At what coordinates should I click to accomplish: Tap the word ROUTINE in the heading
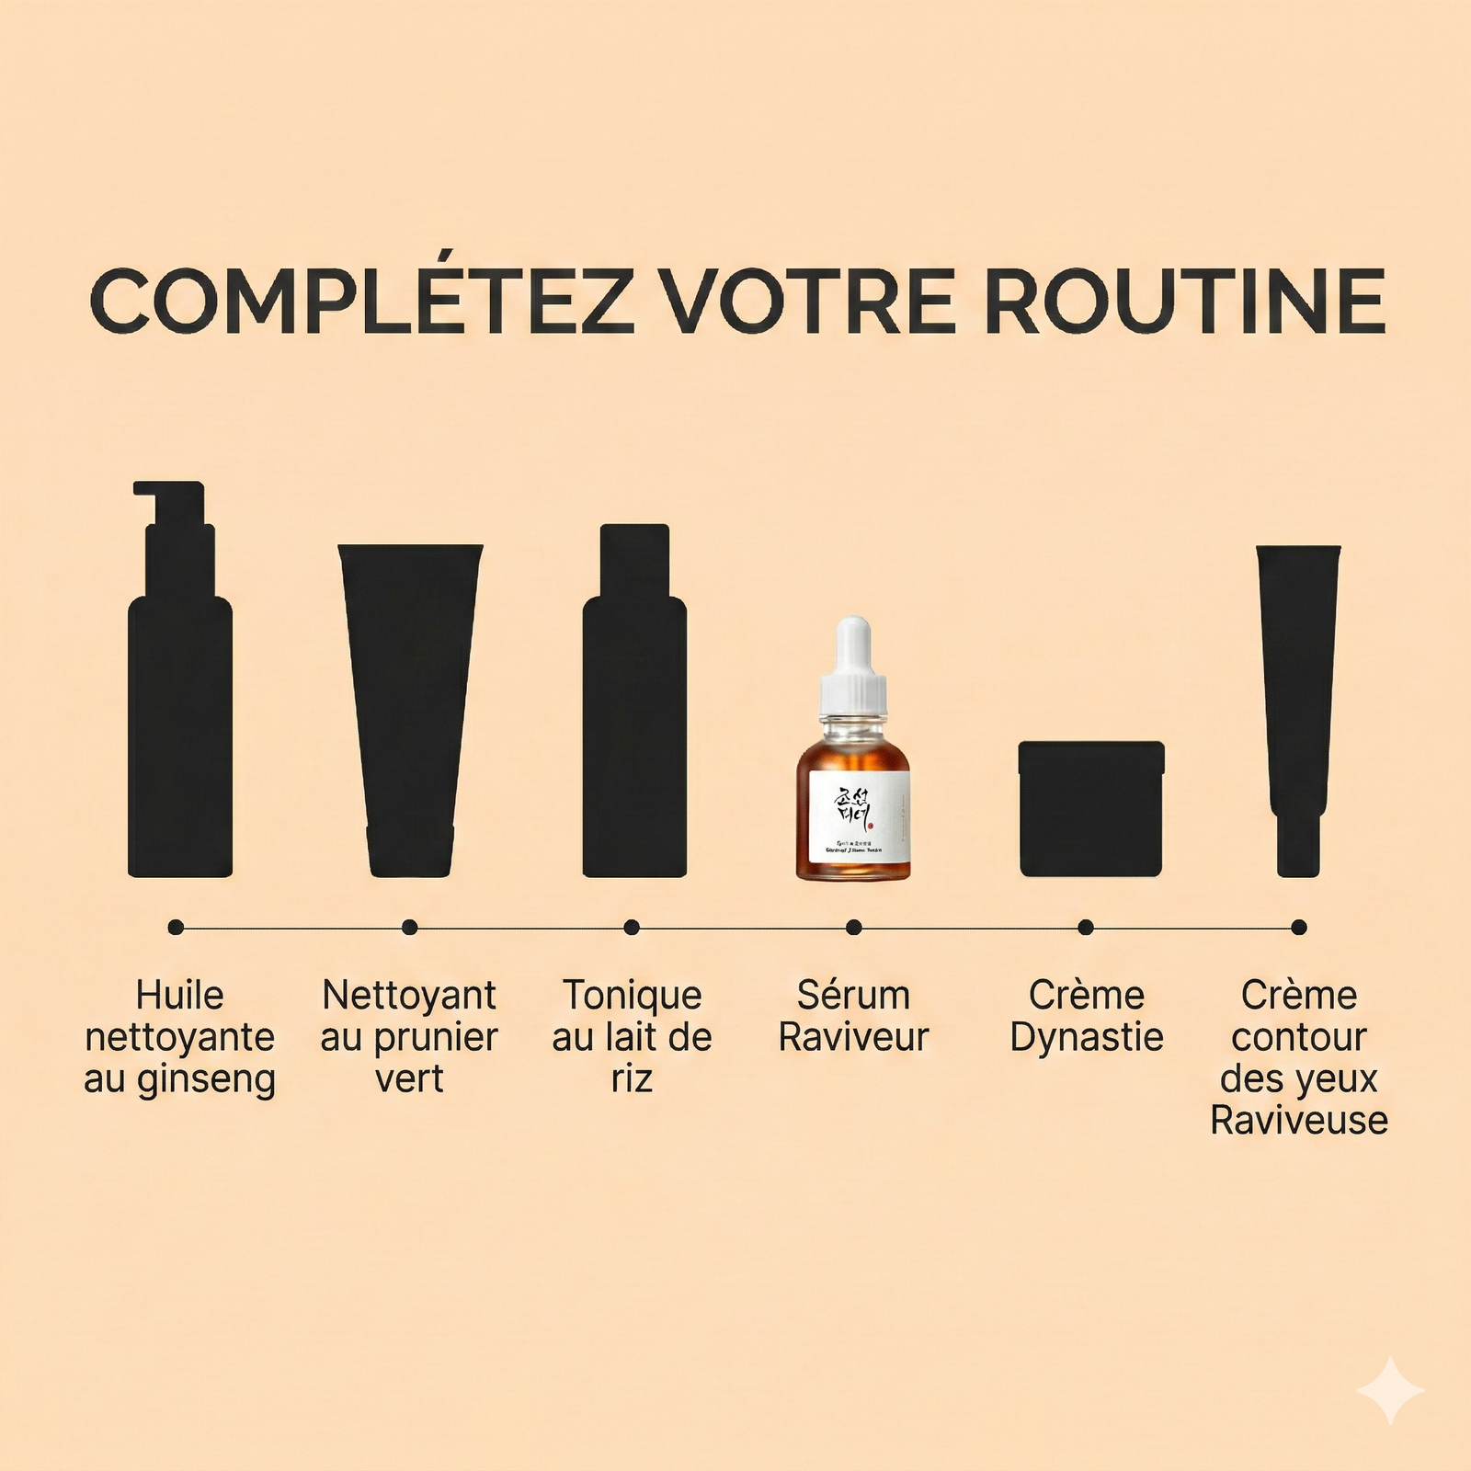pyautogui.click(x=1185, y=301)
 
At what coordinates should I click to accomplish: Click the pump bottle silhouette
pyautogui.click(x=180, y=726)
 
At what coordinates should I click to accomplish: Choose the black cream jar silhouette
pyautogui.click(x=1090, y=809)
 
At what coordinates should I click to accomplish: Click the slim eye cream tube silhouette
pyautogui.click(x=1298, y=708)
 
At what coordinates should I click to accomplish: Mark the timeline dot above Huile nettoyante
pyautogui.click(x=176, y=928)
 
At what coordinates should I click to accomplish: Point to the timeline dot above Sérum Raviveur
pyautogui.click(x=854, y=928)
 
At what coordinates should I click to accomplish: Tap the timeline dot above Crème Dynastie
pyautogui.click(x=1086, y=928)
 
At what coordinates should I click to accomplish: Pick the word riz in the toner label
pyautogui.click(x=632, y=1079)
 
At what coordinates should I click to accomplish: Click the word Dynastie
pyautogui.click(x=1087, y=1038)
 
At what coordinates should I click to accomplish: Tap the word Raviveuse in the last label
pyautogui.click(x=1298, y=1121)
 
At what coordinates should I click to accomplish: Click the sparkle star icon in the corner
pyautogui.click(x=1391, y=1390)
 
